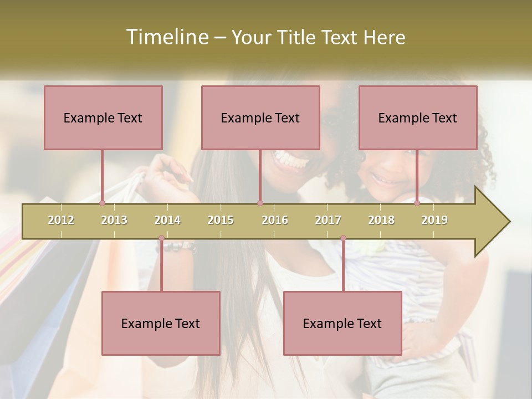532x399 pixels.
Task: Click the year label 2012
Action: click(x=61, y=220)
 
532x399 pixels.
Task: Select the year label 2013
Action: click(x=114, y=220)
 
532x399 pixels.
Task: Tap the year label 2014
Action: click(x=167, y=220)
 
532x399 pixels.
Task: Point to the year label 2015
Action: click(x=221, y=220)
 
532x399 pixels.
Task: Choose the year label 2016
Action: click(x=275, y=220)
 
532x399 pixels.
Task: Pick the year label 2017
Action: click(x=328, y=220)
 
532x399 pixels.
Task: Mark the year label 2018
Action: click(x=381, y=220)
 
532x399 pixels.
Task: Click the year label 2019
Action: click(x=434, y=220)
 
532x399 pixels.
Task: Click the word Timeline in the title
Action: click(x=167, y=37)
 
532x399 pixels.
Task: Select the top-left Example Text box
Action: click(x=103, y=117)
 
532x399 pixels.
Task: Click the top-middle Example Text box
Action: click(x=260, y=117)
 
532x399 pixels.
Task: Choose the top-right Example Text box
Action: click(x=418, y=117)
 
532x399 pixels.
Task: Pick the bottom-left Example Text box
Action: click(x=161, y=323)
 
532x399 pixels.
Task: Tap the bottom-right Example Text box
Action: click(x=342, y=323)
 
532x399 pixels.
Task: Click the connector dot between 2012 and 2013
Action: click(x=103, y=203)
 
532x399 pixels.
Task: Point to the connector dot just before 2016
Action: click(x=260, y=203)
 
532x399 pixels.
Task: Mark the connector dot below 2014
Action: click(x=161, y=238)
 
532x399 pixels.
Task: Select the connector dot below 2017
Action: click(x=343, y=238)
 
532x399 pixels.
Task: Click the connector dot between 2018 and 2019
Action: click(x=417, y=203)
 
